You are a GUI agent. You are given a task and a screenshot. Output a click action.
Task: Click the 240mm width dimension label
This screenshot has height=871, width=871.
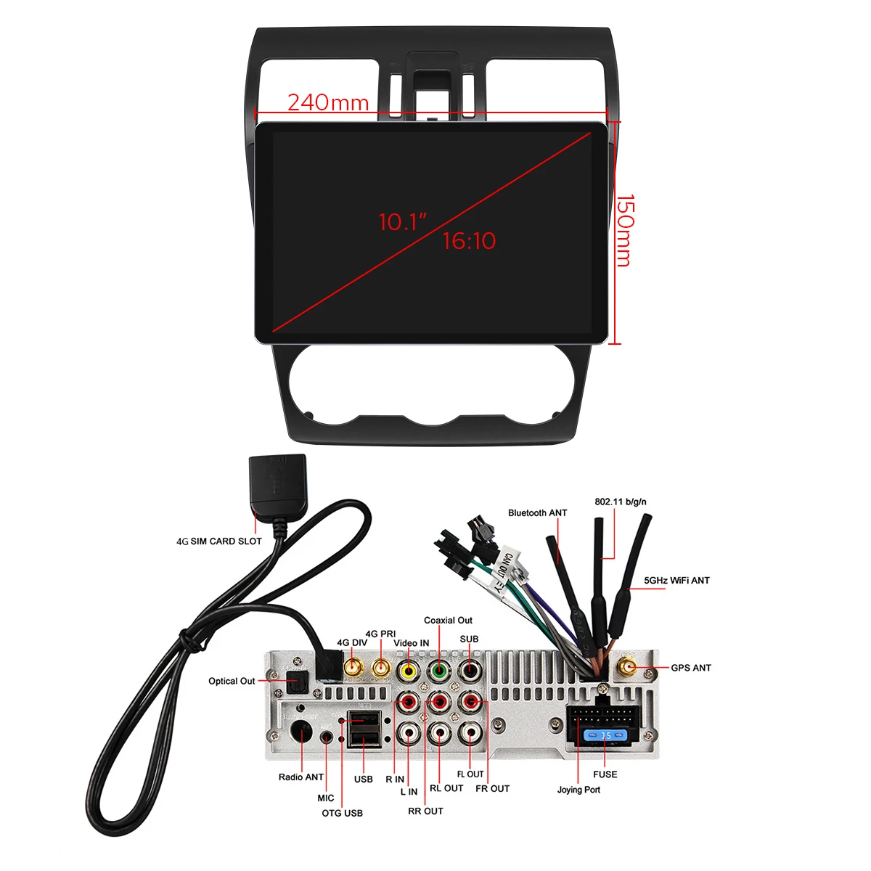(328, 102)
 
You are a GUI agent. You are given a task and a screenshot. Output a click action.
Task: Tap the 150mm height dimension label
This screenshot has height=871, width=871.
(625, 230)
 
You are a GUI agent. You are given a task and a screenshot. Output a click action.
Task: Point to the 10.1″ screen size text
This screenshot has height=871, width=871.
(403, 221)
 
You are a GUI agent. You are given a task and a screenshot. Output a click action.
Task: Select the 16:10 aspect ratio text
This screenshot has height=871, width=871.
(469, 241)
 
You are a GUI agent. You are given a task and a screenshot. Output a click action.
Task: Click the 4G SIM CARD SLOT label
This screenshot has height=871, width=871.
(219, 541)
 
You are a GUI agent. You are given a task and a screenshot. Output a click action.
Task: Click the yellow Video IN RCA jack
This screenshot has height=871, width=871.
(409, 671)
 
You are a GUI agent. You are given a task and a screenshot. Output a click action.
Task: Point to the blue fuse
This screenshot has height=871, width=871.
(605, 736)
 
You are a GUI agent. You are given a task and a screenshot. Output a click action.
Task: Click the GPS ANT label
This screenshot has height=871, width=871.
(690, 668)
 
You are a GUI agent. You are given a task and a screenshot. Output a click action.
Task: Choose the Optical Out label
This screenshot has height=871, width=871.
(232, 681)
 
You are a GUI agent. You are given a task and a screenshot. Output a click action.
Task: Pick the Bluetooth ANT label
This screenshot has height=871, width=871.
(537, 513)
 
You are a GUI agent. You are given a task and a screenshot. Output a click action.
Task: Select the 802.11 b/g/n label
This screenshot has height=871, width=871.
(620, 502)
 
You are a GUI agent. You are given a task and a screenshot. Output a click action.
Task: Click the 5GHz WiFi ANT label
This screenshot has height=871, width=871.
(676, 581)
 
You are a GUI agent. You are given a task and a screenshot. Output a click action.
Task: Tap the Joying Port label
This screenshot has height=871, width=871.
(578, 790)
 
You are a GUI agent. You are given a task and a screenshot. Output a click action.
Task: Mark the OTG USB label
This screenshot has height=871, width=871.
(342, 813)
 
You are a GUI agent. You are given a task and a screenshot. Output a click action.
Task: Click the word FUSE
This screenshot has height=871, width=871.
(605, 774)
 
